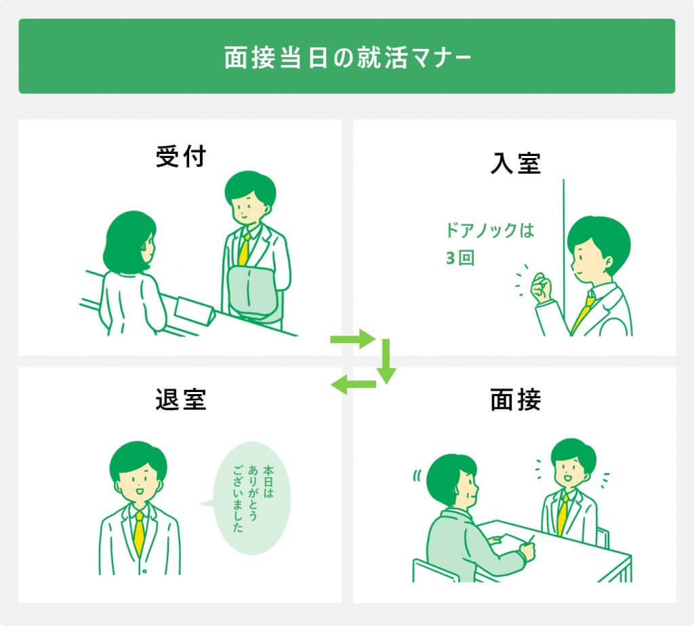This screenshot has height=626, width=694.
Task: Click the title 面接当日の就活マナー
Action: point(347,57)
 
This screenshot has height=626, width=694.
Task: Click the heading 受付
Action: point(180,157)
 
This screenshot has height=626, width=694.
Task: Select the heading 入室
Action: point(516,163)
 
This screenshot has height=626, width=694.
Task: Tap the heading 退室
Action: point(180,399)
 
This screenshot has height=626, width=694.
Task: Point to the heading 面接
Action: point(516,399)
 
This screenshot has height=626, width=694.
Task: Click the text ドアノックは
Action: point(489,231)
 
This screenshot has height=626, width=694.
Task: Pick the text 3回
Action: point(460,258)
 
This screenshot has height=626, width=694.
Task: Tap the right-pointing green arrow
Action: point(352,339)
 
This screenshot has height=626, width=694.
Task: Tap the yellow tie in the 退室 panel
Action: point(139,533)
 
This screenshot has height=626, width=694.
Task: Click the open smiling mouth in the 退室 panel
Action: point(139,491)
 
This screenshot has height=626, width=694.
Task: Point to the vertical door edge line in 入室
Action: point(563,258)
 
